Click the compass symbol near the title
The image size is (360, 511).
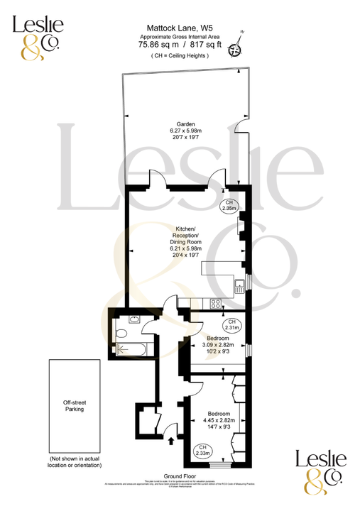coord(240,44)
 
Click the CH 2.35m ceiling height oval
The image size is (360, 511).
coord(228,207)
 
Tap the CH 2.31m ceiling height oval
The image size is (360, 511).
coord(231,326)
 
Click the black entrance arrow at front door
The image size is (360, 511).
coord(170,440)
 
